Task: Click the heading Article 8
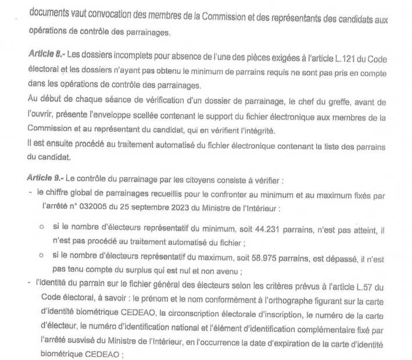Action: coord(46,54)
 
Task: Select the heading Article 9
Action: coord(46,177)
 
